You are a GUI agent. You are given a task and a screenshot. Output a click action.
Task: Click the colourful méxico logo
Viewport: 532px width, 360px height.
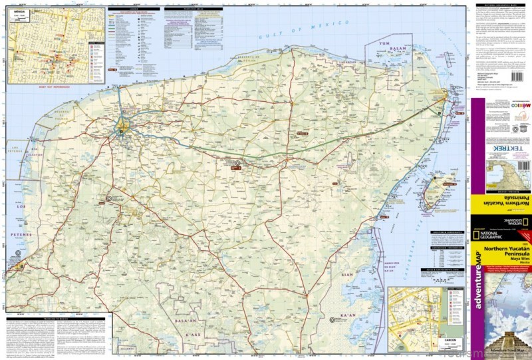click(520, 106)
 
